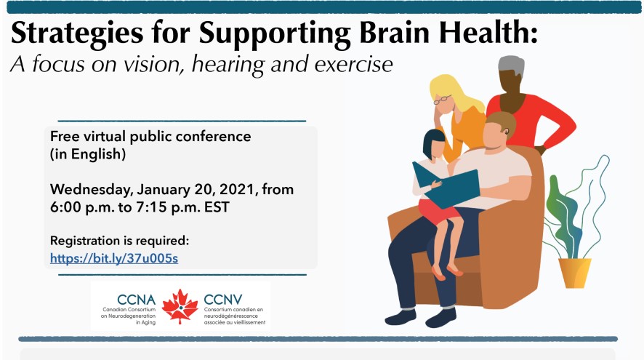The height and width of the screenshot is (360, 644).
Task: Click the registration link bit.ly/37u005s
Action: (114, 257)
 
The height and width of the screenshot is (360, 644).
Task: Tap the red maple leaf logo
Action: (180, 305)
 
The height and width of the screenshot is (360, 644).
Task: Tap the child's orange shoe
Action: (438, 273)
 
